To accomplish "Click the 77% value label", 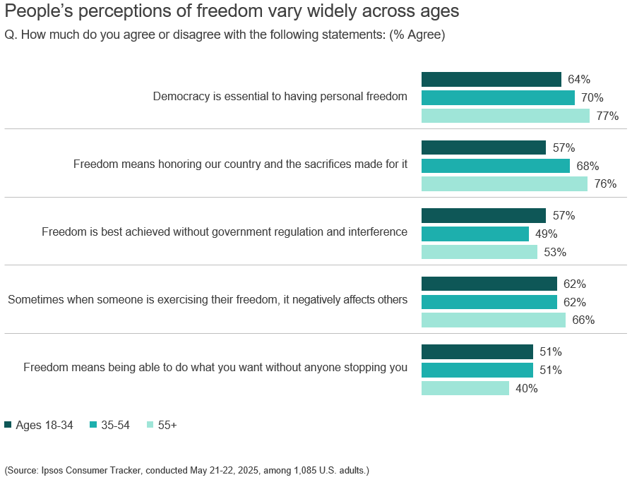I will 607,116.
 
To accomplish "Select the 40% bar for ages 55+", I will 465,388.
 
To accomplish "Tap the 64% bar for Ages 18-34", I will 491,79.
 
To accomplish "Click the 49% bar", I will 475,234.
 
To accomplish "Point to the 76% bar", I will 504,183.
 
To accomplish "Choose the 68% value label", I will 588,167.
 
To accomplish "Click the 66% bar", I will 494,320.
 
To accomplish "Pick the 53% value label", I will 555,253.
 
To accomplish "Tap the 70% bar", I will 498,97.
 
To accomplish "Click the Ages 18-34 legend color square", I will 8,425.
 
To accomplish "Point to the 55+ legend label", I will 167,425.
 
